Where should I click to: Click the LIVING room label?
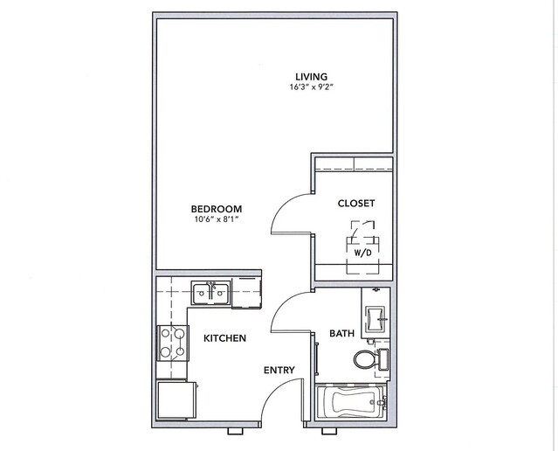click(x=312, y=77)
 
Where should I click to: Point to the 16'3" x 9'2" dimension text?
click(x=312, y=87)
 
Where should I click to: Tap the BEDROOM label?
click(x=217, y=209)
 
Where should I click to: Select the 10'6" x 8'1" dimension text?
click(x=216, y=219)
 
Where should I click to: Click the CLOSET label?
click(x=356, y=204)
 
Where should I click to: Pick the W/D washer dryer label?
click(x=362, y=253)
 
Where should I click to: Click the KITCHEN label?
click(x=224, y=338)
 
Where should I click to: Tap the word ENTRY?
click(x=279, y=371)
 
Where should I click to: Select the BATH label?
click(x=341, y=333)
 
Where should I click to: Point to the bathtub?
click(x=350, y=401)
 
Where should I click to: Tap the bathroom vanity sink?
click(x=375, y=319)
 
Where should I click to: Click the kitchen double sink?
click(x=211, y=293)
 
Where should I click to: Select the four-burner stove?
click(x=173, y=343)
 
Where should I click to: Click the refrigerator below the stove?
click(x=177, y=400)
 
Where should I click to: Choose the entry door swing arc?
click(x=274, y=391)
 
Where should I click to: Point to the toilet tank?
click(x=383, y=359)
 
